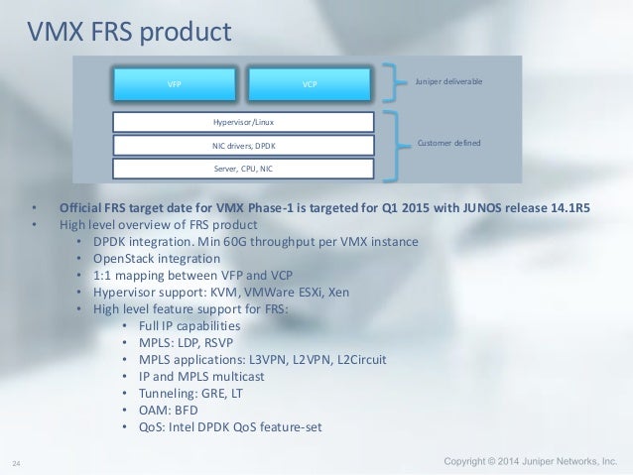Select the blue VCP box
point(310,84)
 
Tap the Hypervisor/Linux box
point(243,123)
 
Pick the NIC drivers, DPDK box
point(243,146)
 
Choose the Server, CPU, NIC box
point(243,168)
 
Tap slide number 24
point(17,463)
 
